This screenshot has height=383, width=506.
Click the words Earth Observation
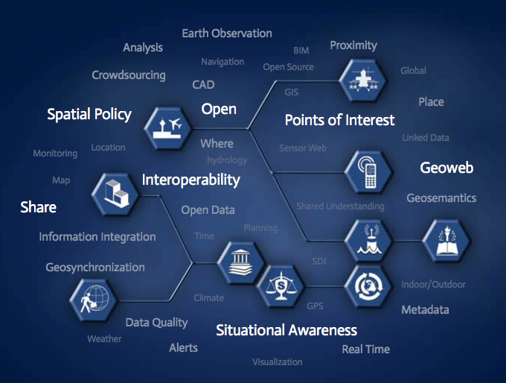[x=227, y=34]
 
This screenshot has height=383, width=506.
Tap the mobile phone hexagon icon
[x=368, y=172]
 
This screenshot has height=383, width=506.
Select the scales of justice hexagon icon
[x=281, y=286]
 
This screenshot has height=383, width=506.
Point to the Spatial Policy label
[x=89, y=115]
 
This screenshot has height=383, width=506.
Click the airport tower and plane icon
[x=167, y=128]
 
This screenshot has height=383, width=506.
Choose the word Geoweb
[x=446, y=168]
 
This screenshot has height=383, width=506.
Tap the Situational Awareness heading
[x=286, y=330]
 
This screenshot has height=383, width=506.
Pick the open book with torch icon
[x=446, y=241]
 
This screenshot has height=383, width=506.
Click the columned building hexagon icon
[x=241, y=263]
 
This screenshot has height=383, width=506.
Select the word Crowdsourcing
[x=129, y=75]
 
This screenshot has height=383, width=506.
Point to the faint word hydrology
[x=227, y=160]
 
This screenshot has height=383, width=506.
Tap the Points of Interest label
[x=339, y=120]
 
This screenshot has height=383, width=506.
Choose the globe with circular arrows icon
[x=368, y=286]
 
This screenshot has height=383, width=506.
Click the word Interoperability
[x=191, y=180]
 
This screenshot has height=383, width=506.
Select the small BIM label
[x=301, y=51]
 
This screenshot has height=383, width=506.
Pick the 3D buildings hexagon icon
[x=115, y=194]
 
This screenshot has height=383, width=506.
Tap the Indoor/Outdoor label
[x=433, y=285]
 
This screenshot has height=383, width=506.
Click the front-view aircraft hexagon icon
[x=362, y=80]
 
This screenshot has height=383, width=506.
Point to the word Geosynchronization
[x=95, y=268]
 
